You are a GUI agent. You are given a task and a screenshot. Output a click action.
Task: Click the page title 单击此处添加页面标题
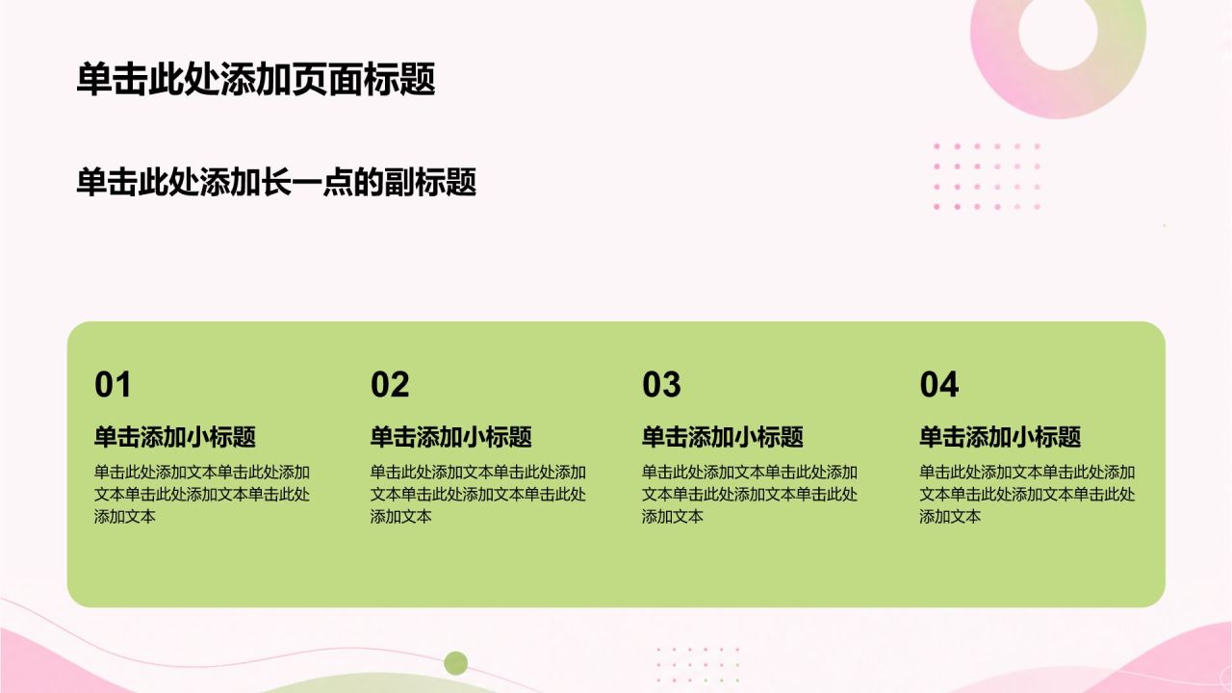(x=256, y=79)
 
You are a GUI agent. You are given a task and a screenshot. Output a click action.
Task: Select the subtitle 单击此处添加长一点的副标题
(x=276, y=182)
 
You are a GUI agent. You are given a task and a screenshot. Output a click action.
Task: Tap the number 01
(x=113, y=384)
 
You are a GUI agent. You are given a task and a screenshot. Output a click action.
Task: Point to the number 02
(x=390, y=384)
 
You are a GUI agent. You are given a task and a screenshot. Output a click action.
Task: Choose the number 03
(x=661, y=384)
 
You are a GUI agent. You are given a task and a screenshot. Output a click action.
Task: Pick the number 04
(x=939, y=384)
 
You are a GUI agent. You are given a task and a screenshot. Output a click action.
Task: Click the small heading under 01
(x=175, y=437)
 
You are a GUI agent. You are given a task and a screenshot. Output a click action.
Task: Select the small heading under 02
(x=451, y=437)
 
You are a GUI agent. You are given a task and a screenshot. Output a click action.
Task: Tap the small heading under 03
(x=723, y=437)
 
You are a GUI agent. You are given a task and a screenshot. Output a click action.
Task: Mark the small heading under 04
(x=1000, y=437)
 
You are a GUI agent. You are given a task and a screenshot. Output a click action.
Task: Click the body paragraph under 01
(x=202, y=494)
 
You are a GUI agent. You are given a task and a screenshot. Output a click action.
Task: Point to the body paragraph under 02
(x=478, y=494)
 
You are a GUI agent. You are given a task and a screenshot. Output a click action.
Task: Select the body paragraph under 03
(x=750, y=494)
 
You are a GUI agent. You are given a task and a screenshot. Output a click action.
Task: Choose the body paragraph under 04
(x=1027, y=494)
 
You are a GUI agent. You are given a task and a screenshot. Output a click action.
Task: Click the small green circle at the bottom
(x=456, y=663)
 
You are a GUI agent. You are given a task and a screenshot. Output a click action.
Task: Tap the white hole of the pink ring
(x=1058, y=31)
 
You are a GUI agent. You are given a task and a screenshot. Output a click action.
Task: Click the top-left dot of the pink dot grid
(x=937, y=146)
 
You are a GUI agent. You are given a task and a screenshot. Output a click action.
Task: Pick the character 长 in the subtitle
(x=275, y=182)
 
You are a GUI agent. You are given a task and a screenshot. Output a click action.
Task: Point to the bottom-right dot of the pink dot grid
(x=1038, y=207)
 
